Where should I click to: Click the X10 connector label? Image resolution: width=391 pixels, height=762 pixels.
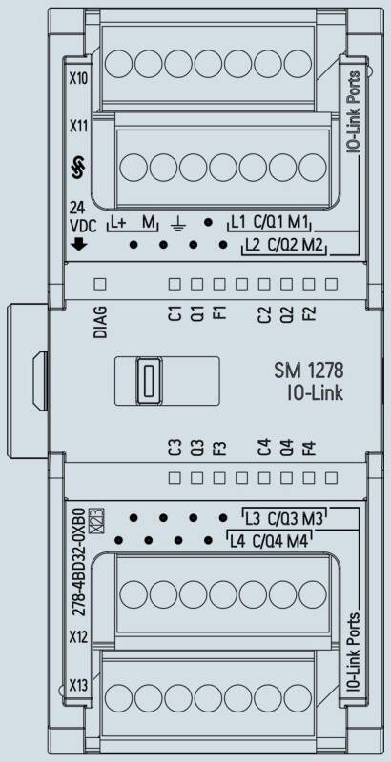click(78, 79)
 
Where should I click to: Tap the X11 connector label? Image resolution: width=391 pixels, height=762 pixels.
click(78, 127)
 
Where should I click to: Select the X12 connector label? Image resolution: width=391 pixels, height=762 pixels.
click(78, 637)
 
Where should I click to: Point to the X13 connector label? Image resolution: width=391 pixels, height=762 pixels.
click(78, 686)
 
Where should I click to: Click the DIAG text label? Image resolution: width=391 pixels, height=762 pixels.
click(100, 322)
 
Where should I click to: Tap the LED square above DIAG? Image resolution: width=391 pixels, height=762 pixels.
click(100, 284)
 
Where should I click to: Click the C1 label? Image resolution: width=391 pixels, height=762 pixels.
click(175, 314)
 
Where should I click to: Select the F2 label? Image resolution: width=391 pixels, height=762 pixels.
click(308, 314)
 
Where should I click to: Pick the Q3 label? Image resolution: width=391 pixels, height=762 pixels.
click(197, 448)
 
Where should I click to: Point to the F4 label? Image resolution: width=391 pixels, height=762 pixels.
click(308, 448)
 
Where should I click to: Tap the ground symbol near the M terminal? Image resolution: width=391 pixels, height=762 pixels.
click(177, 224)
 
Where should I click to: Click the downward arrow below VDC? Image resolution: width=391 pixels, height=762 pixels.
click(79, 245)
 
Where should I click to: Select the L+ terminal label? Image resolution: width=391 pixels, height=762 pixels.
click(117, 223)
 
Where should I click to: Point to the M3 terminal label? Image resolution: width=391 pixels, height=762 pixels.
click(313, 519)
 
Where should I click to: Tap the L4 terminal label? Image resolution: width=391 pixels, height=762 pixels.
click(237, 541)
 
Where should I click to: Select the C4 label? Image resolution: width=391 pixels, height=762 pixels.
click(263, 448)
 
